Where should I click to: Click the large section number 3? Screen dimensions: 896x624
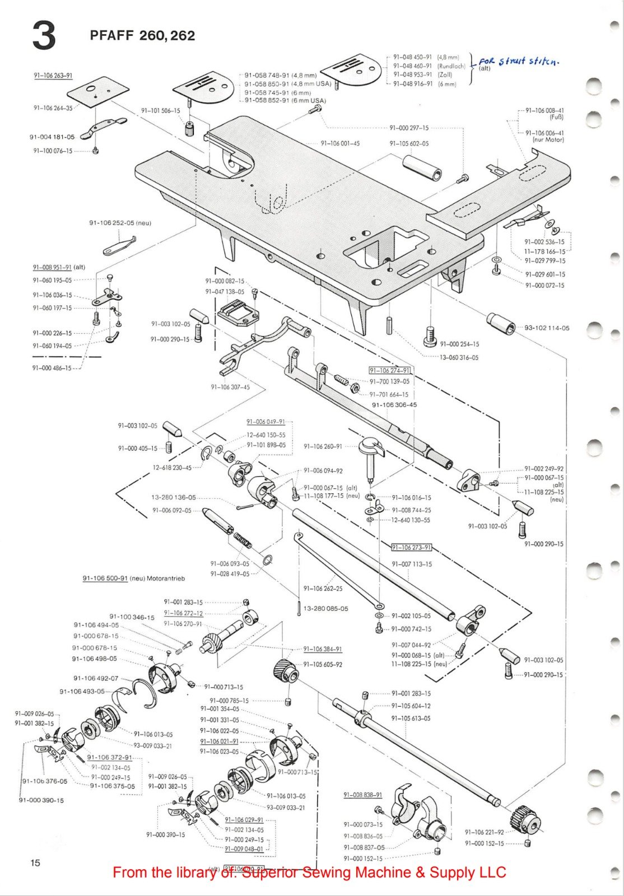(43, 36)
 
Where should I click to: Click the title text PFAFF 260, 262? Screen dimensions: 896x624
(142, 36)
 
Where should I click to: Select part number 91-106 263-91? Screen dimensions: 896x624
(53, 76)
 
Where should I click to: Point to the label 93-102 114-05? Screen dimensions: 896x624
(547, 328)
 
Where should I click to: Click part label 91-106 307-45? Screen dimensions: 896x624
(230, 387)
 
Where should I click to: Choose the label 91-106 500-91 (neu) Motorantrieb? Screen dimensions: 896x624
(133, 578)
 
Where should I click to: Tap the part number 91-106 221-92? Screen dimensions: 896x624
(484, 832)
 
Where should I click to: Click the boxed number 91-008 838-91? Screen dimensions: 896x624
(363, 795)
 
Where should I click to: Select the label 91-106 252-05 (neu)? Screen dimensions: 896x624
(120, 223)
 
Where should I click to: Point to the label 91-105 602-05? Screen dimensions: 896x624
(409, 143)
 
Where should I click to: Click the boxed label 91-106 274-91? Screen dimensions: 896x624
(390, 371)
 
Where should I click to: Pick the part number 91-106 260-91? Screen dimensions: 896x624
(323, 446)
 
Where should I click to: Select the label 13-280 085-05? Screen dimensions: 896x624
(325, 609)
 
